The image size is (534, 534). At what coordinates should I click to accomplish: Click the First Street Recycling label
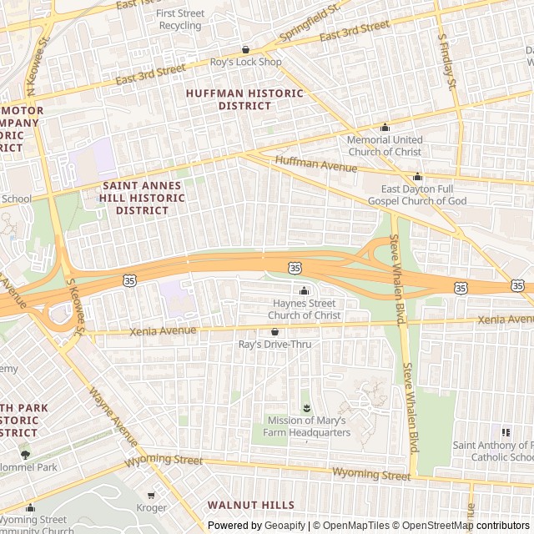[180, 19]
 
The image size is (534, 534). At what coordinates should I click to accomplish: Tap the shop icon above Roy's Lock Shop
[245, 49]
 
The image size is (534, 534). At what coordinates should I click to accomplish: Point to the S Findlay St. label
[447, 61]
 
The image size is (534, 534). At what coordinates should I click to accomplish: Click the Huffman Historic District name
[244, 99]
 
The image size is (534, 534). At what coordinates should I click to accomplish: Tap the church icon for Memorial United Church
[385, 128]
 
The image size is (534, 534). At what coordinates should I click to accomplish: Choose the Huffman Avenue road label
[315, 163]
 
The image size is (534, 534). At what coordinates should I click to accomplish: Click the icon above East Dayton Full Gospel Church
[418, 176]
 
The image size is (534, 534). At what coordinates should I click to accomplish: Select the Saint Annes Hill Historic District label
[143, 198]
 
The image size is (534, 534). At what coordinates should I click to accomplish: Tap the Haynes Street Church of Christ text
[304, 310]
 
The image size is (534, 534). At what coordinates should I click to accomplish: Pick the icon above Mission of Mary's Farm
[305, 407]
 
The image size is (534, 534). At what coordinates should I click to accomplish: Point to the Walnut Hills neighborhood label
[251, 505]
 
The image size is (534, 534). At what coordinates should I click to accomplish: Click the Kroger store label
[151, 507]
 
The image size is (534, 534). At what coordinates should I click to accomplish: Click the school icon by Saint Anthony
[505, 431]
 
